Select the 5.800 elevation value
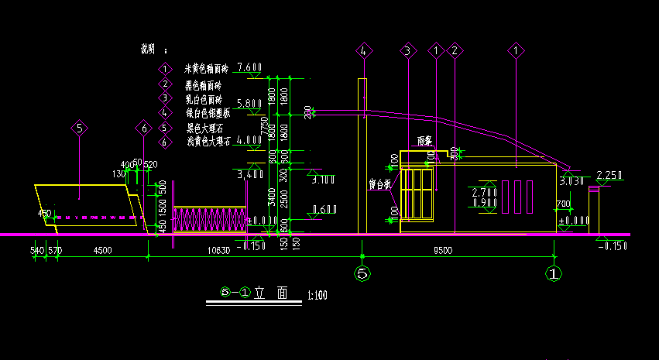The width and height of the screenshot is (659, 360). pyautogui.click(x=249, y=103)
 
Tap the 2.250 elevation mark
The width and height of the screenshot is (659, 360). pyautogui.click(x=609, y=175)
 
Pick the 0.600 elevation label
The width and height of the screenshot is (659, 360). pyautogui.click(x=323, y=209)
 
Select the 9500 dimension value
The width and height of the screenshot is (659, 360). pyautogui.click(x=443, y=250)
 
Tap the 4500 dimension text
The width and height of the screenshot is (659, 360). pyautogui.click(x=102, y=250)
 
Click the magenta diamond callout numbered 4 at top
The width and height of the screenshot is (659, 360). pyautogui.click(x=364, y=51)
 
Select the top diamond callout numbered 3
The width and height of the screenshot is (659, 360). pyautogui.click(x=407, y=51)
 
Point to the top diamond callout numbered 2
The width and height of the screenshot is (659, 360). pyautogui.click(x=455, y=51)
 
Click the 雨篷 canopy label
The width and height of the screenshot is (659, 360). pyautogui.click(x=424, y=142)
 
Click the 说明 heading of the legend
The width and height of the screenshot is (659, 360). pyautogui.click(x=148, y=49)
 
